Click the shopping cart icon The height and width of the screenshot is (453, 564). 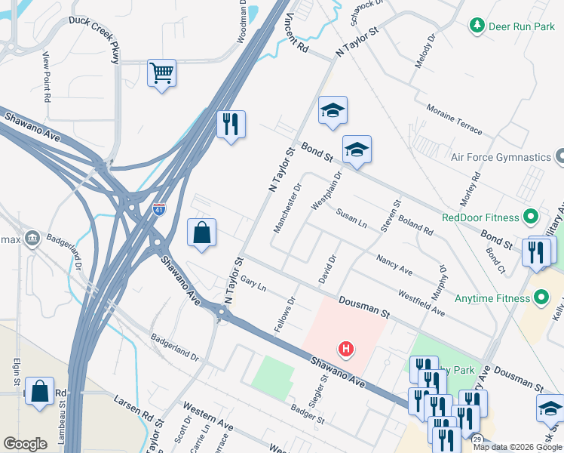point(161,73)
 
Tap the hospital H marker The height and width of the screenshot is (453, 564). point(345,349)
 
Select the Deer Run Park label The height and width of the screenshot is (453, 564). point(522,26)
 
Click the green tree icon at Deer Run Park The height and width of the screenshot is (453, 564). point(477,26)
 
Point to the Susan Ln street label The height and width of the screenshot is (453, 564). point(351,218)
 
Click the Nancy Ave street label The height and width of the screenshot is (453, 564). point(394,264)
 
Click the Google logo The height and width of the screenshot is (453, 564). point(25,444)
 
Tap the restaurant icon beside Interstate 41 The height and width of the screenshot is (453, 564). point(231,123)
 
